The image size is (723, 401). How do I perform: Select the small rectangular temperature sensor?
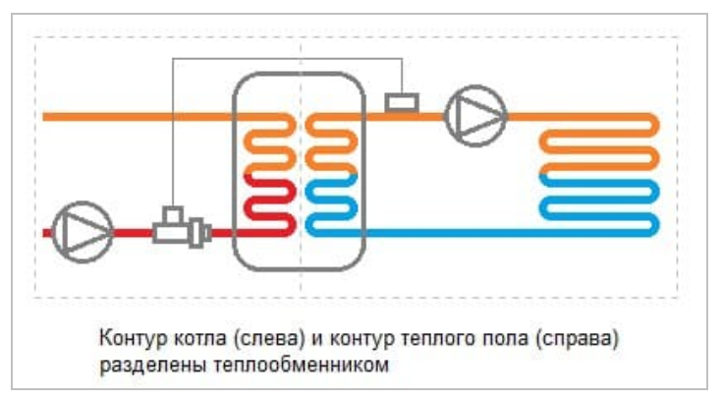click(401, 101)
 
